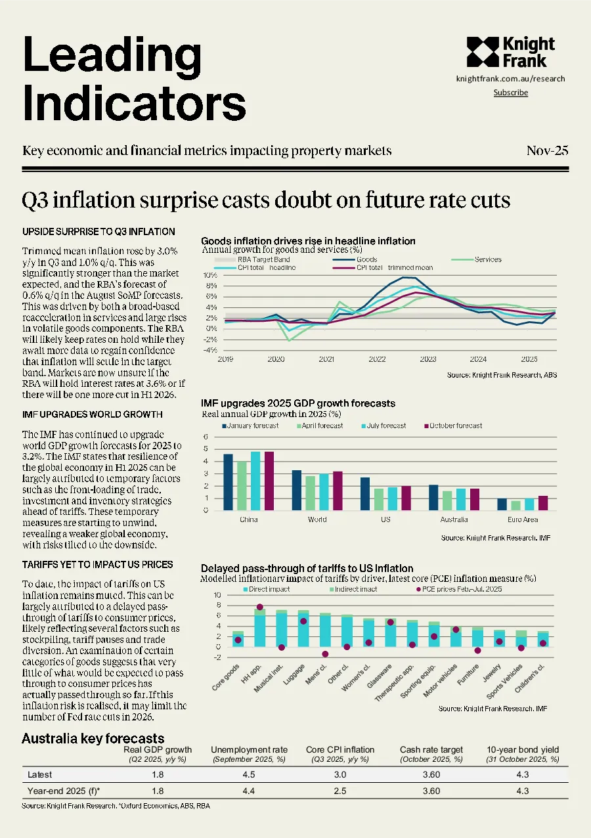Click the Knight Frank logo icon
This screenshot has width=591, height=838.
pyautogui.click(x=483, y=52)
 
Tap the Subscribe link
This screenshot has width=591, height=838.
pyautogui.click(x=511, y=93)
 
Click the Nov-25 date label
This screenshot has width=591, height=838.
pyautogui.click(x=547, y=150)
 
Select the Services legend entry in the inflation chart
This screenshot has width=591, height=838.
pyautogui.click(x=476, y=259)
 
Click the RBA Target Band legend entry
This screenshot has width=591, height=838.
pyautogui.click(x=252, y=259)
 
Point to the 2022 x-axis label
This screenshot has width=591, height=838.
pyautogui.click(x=377, y=359)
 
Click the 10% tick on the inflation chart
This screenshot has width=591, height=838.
pyautogui.click(x=210, y=275)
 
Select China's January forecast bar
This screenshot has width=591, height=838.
pyautogui.click(x=228, y=482)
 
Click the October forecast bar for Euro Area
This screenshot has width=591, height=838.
pyautogui.click(x=543, y=503)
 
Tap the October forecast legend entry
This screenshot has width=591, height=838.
pyautogui.click(x=453, y=426)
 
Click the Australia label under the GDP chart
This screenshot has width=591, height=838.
pyautogui.click(x=454, y=519)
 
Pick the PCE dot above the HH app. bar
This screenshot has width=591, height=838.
pyautogui.click(x=260, y=607)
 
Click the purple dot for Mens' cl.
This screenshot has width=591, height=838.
pyautogui.click(x=325, y=654)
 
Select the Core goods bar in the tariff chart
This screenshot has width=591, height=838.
pyautogui.click(x=238, y=639)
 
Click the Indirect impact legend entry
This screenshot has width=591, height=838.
pyautogui.click(x=353, y=589)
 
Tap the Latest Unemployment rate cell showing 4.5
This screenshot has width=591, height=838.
pyautogui.click(x=249, y=774)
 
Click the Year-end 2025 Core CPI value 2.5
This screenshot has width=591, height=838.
pyautogui.click(x=340, y=791)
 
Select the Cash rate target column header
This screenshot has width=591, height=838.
pyautogui.click(x=431, y=750)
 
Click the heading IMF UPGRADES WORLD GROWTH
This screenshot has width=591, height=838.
pyautogui.click(x=93, y=414)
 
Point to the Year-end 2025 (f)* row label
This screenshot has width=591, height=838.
pyautogui.click(x=64, y=791)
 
